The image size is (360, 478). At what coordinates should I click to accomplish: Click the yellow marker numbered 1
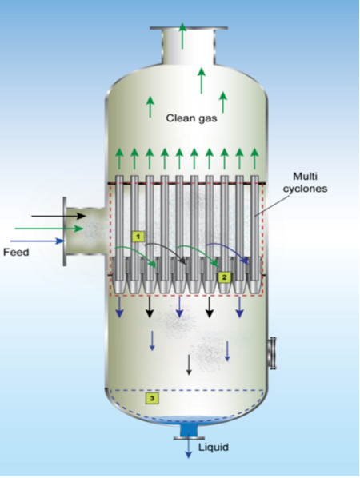click(x=138, y=237)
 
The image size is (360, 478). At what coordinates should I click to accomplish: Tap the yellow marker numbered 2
click(x=225, y=277)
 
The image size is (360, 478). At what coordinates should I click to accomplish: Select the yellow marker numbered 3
click(x=152, y=398)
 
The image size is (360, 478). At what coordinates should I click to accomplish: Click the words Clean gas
click(x=191, y=118)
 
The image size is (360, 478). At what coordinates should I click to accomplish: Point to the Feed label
click(x=16, y=253)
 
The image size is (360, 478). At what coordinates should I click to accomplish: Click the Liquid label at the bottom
click(x=214, y=447)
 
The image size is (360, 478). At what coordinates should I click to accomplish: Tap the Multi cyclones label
click(x=305, y=182)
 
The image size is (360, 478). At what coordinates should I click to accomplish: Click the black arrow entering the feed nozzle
click(x=59, y=216)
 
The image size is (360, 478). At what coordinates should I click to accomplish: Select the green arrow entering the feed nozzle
click(x=49, y=229)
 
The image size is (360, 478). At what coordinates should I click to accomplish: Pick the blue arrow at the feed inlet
click(x=38, y=241)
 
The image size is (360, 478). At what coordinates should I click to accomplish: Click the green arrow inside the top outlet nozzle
click(x=182, y=35)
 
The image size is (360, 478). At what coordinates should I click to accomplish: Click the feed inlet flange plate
click(x=65, y=231)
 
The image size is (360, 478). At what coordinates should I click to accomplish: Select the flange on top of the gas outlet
click(x=189, y=28)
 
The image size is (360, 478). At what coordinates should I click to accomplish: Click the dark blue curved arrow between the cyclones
click(x=227, y=252)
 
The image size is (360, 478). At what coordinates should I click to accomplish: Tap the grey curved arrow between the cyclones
click(x=165, y=253)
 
